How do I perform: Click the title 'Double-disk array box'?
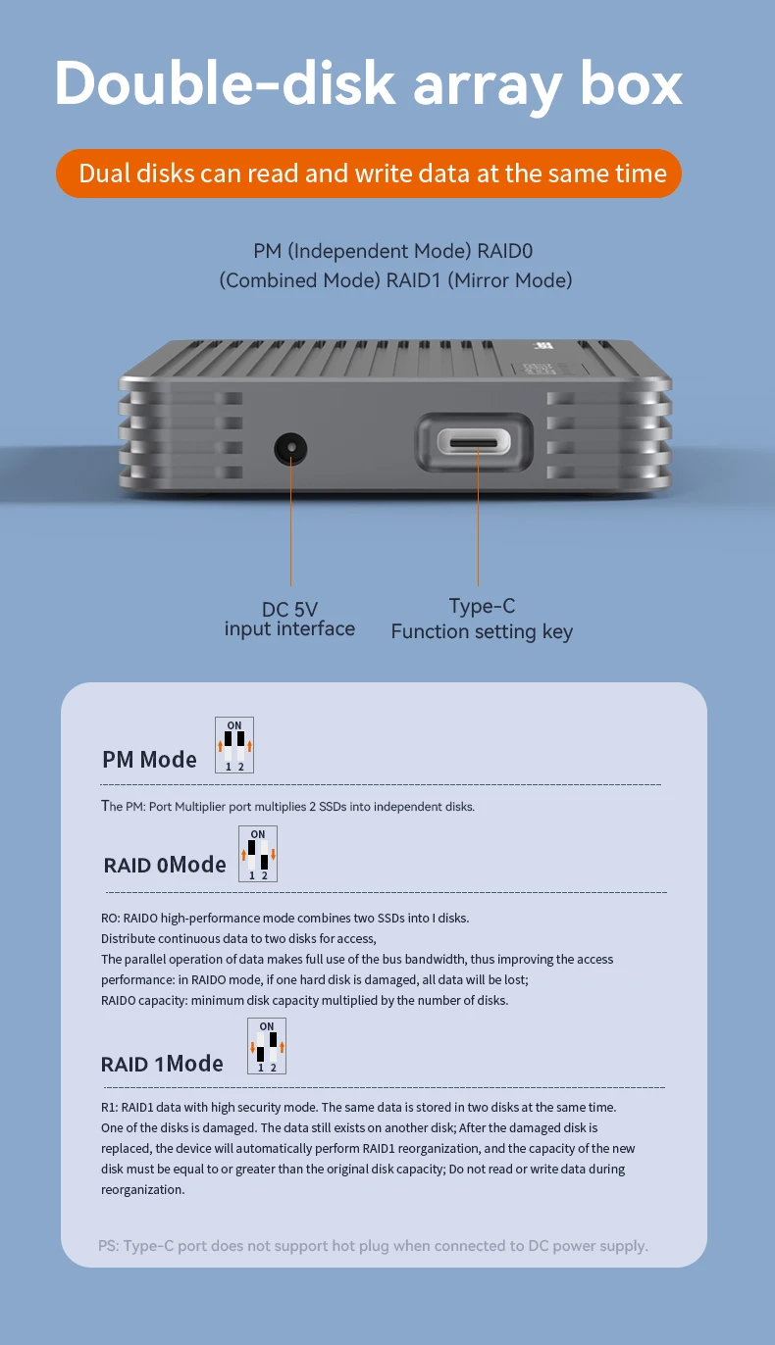pos(368,84)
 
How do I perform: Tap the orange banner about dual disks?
pos(368,174)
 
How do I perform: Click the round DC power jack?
pos(290,450)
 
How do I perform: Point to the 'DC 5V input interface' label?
pos(289,619)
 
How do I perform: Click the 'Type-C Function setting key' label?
pos(481,619)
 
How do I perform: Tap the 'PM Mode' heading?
pos(149,760)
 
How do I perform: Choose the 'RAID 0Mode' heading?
pos(165,865)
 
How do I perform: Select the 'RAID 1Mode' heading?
pos(162,1064)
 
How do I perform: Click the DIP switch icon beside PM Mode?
pos(234,745)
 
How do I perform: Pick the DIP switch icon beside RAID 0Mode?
pos(258,854)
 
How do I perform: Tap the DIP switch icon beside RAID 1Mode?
pos(267,1046)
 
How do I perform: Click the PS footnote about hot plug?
pos(373,1246)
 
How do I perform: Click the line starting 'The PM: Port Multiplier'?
pos(287,807)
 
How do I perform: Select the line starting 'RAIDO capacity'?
pos(304,1000)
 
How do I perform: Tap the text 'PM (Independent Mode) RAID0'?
pos(392,252)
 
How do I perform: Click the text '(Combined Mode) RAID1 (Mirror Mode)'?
pos(395,280)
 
